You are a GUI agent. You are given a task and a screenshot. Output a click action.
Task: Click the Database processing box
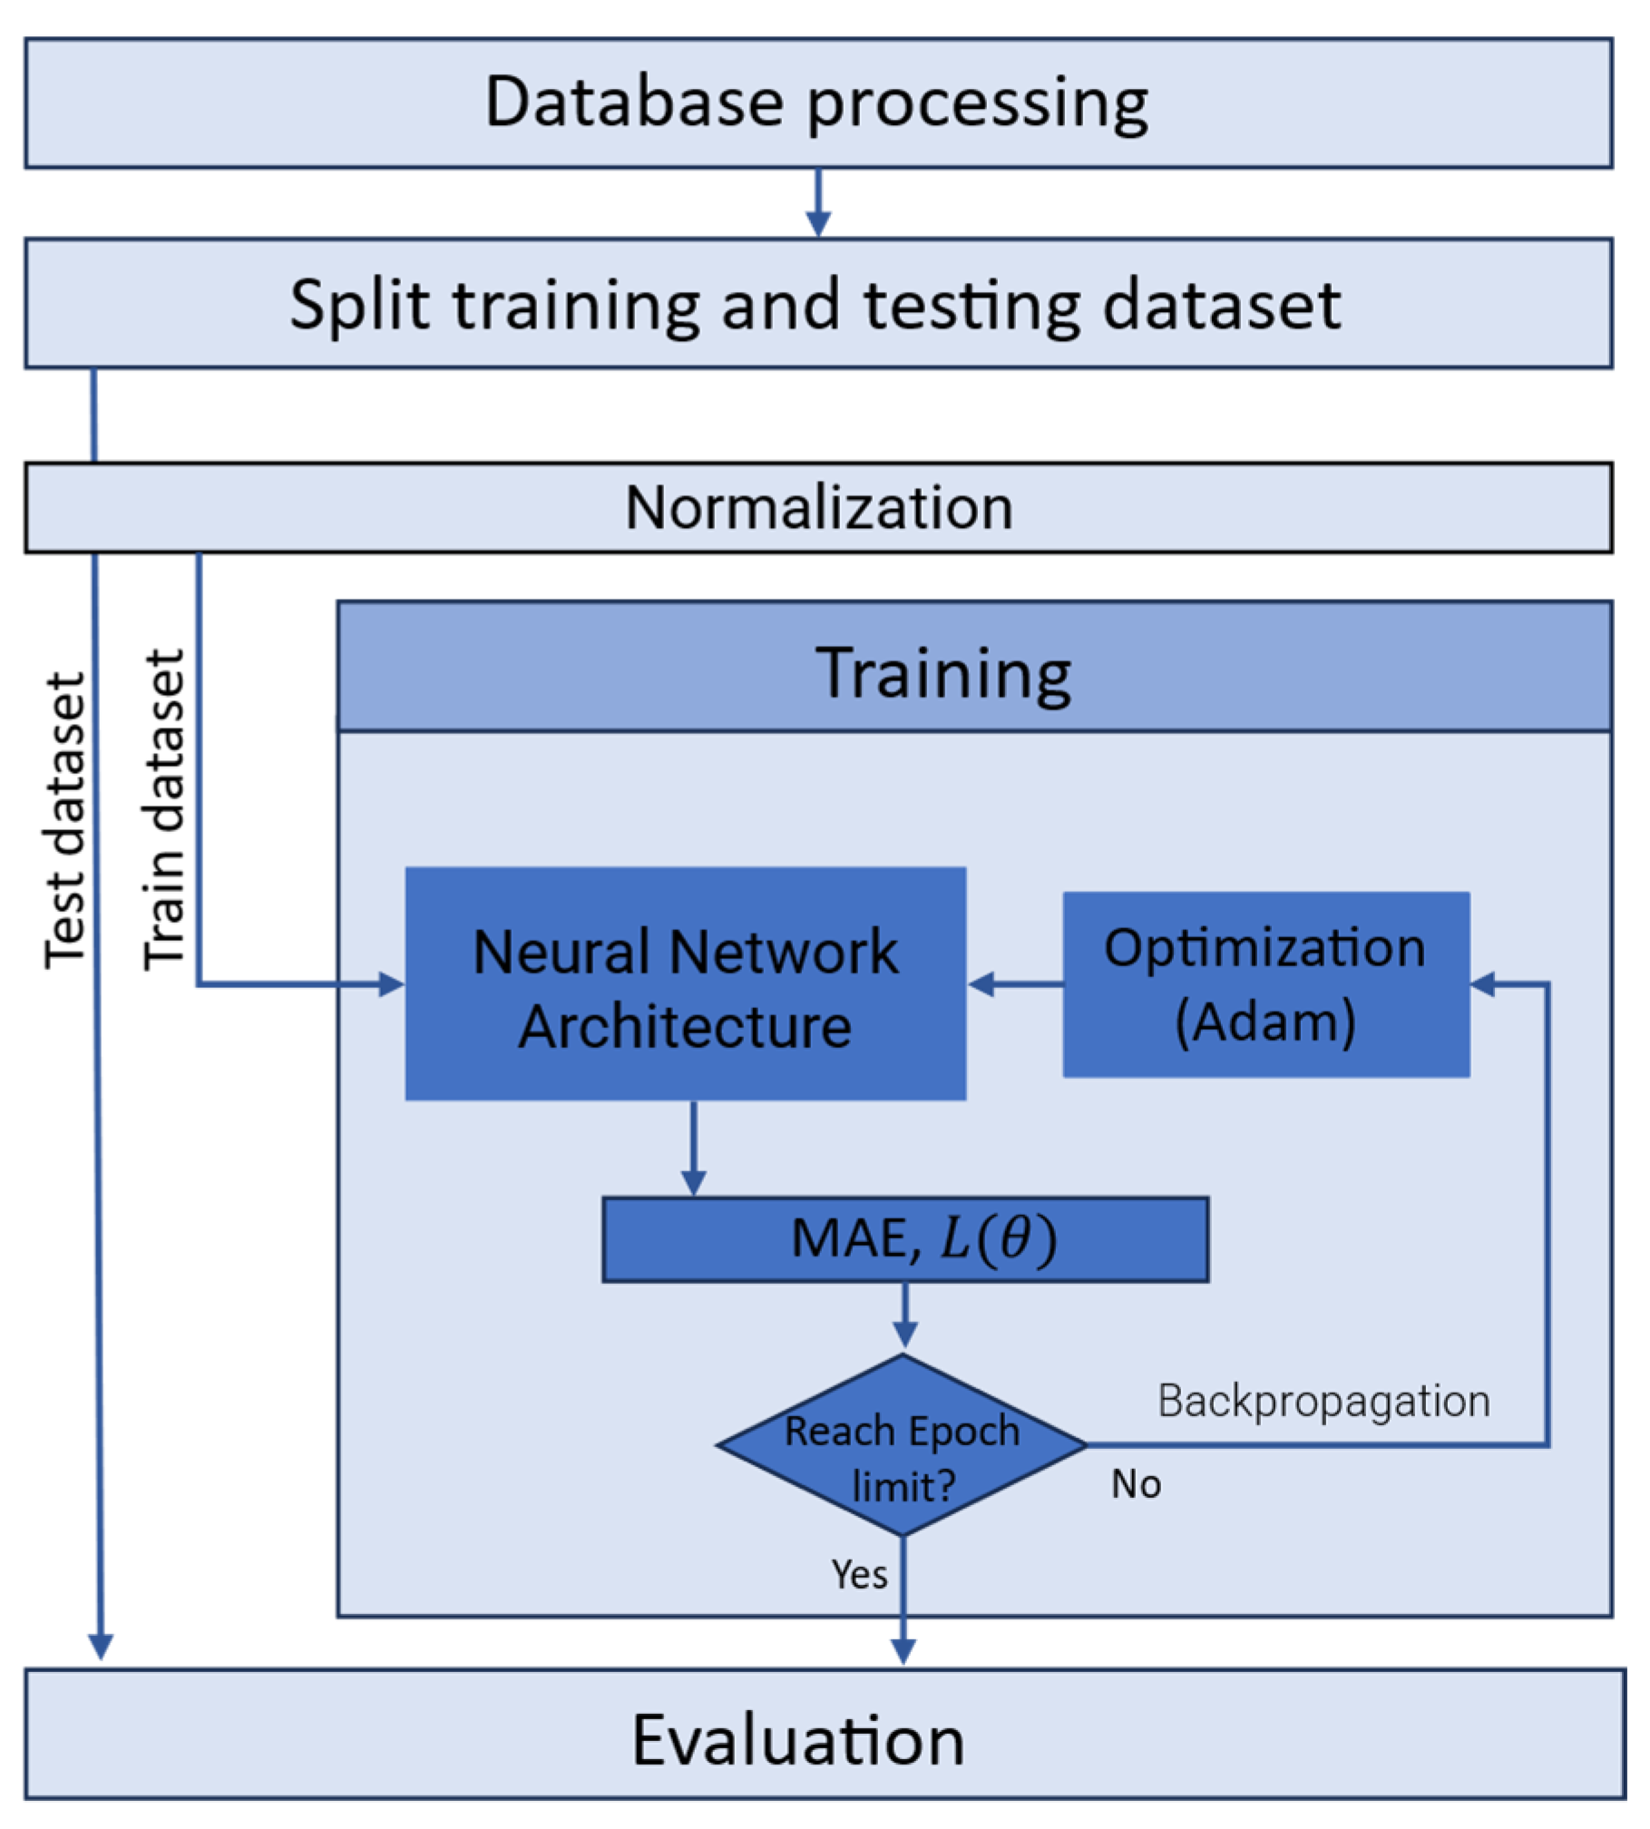(x=819, y=103)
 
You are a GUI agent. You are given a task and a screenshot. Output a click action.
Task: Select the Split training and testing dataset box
(x=819, y=304)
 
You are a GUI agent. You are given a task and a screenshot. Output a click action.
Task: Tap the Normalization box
(x=819, y=508)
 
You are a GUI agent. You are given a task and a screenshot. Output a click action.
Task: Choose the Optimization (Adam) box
(x=1266, y=985)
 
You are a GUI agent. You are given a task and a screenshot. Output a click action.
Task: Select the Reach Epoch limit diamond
(x=902, y=1446)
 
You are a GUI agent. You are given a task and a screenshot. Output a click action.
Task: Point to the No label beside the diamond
(x=1136, y=1485)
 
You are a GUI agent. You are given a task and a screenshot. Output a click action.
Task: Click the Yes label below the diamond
(x=860, y=1575)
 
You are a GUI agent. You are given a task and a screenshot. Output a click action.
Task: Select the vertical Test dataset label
(x=66, y=821)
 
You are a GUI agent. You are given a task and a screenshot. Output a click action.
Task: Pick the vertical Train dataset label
(x=165, y=810)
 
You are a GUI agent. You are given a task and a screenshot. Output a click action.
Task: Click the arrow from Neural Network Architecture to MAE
(x=694, y=1152)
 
